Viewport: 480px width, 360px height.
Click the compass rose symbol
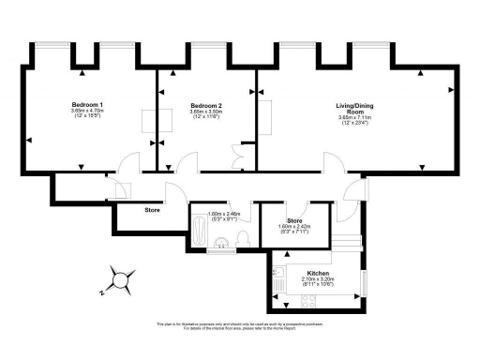(x=120, y=279)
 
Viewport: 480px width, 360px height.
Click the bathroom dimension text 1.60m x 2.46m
(x=224, y=215)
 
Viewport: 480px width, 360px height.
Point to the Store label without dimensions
(x=153, y=210)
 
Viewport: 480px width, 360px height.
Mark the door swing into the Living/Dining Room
(x=332, y=163)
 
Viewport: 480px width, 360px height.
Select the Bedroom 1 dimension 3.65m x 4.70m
(x=87, y=112)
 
